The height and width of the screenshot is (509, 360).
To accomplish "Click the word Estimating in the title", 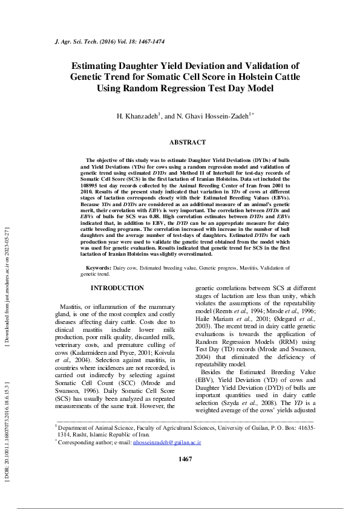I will pyautogui.click(x=99, y=66).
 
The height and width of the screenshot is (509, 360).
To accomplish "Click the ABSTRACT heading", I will pyautogui.click(x=187, y=142).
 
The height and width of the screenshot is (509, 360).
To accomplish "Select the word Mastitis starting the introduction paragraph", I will pyautogui.click(x=70, y=307).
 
